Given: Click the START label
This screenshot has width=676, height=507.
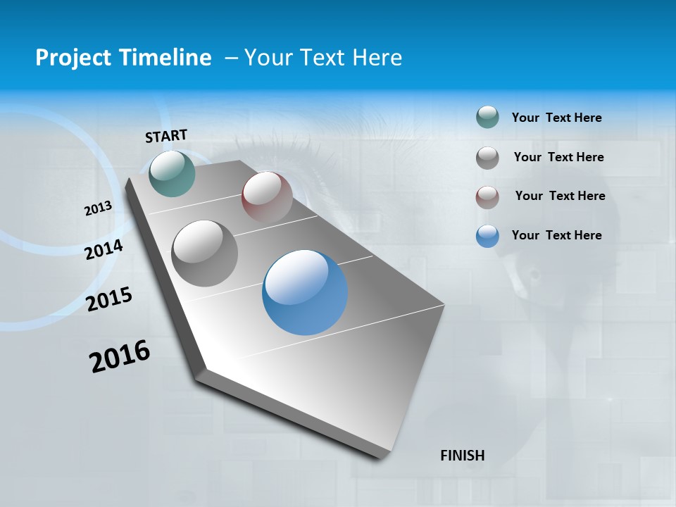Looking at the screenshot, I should coord(166,136).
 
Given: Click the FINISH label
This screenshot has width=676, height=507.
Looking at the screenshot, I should coord(463,456).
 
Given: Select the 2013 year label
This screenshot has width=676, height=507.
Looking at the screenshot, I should coord(99,208).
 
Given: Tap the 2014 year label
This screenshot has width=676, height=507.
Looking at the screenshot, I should coord(104,249).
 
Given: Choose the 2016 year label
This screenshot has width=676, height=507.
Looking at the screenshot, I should coord(120,356).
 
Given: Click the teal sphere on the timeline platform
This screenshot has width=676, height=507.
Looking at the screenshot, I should coord(172,173).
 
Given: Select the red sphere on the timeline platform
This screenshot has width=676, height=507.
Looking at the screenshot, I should coord(267,196).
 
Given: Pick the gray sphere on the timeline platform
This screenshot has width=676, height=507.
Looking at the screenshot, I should coord(204,253).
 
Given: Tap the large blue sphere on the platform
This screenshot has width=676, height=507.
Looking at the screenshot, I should coord(305,292).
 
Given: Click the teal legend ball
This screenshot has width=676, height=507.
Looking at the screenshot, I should coord(487,117).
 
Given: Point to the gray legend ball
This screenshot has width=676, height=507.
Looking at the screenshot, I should coord(487,158).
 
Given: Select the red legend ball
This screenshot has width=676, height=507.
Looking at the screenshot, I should coord(487,196).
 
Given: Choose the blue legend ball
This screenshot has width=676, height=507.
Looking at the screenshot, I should coord(487,236).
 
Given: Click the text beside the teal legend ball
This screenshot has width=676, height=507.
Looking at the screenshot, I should coord(556,118).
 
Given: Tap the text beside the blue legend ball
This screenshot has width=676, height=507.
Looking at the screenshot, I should coord(556,235).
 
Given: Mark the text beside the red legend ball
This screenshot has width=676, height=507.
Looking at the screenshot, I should coord(560,196).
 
